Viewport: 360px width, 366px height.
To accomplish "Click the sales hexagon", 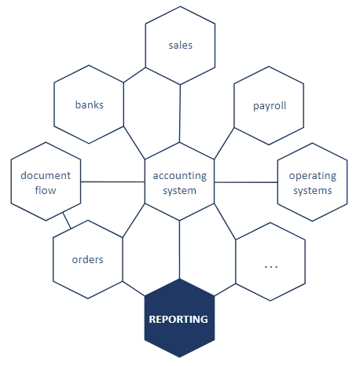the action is pos(180,46).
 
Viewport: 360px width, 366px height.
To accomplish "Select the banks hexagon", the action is pos(89,104).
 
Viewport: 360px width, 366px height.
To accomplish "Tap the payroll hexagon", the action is pos(269,105).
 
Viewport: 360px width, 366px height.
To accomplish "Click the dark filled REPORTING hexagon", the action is pos(179,318).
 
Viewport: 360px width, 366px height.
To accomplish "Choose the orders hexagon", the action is pos(88,259).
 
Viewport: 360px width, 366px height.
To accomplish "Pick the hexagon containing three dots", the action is pos(270,262).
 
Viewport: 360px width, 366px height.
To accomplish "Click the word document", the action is pos(46,175).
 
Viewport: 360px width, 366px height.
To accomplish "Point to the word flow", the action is pos(46,190).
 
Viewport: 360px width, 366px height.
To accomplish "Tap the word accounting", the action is pos(180,176).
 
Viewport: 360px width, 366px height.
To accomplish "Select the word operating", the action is pos(313,176).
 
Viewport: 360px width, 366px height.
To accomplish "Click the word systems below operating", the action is pos(313,191).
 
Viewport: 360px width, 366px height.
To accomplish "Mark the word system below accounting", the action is pos(179,191).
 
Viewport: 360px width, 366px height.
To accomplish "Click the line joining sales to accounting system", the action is pos(180,114).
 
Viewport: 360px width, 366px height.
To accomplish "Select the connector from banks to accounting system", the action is pos(134,143).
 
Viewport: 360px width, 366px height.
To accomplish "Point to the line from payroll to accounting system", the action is pos(224,144).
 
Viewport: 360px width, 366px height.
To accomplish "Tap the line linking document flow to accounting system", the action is pos(112,181).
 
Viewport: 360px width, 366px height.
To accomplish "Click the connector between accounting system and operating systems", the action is pos(246,182).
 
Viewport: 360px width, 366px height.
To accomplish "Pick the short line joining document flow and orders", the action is pos(67,221).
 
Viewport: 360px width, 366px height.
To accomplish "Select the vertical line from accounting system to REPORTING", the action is pos(179,250).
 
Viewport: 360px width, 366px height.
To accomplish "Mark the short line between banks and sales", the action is pos(134,75).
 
